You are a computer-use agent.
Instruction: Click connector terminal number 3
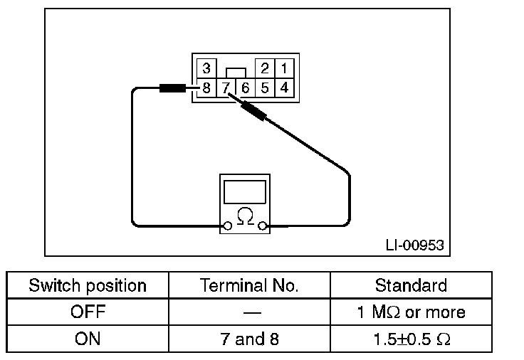tap(206, 69)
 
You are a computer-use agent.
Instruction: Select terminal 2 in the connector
tap(264, 69)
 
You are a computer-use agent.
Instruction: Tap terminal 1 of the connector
tap(283, 69)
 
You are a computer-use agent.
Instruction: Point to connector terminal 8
tap(206, 88)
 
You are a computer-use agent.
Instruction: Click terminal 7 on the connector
tap(226, 88)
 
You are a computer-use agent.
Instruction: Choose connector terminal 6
tap(245, 88)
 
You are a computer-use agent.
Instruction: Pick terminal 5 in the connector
tap(264, 88)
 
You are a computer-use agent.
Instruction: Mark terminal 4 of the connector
tap(283, 88)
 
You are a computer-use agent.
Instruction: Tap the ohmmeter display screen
tap(245, 191)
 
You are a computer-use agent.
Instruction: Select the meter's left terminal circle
tap(227, 226)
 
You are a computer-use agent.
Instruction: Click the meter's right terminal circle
tap(263, 226)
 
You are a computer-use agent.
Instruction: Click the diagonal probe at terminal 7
tap(253, 110)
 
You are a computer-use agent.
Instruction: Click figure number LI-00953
tap(414, 245)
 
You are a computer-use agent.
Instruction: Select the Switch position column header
tap(88, 286)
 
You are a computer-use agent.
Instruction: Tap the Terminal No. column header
tap(249, 286)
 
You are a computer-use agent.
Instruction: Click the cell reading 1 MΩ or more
tap(411, 312)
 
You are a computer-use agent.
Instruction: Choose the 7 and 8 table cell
tap(249, 339)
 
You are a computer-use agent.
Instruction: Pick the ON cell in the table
tap(88, 339)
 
